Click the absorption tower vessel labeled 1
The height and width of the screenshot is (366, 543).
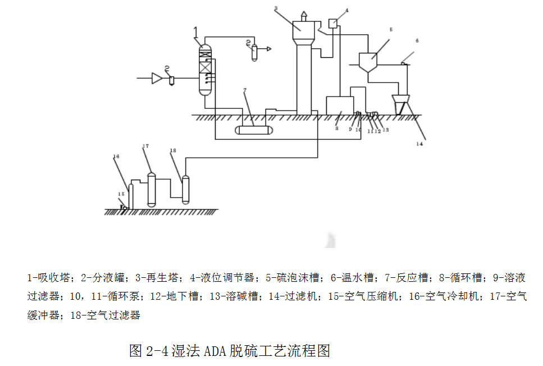pyautogui.click(x=206, y=70)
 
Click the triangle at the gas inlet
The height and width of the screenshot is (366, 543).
pyautogui.click(x=157, y=79)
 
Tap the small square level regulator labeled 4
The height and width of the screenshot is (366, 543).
pyautogui.click(x=332, y=23)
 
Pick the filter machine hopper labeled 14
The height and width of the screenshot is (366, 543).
pyautogui.click(x=401, y=104)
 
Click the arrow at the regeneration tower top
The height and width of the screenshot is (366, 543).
pyautogui.click(x=303, y=13)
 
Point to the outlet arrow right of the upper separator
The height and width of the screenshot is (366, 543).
pyautogui.click(x=268, y=49)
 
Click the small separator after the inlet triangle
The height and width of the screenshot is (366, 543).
pyautogui.click(x=172, y=80)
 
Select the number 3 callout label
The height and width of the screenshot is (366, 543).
pyautogui.click(x=276, y=8)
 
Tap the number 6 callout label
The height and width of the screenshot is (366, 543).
pyautogui.click(x=417, y=41)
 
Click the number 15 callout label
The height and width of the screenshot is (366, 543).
pyautogui.click(x=120, y=194)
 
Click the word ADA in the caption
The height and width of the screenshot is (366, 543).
pyautogui.click(x=215, y=351)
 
